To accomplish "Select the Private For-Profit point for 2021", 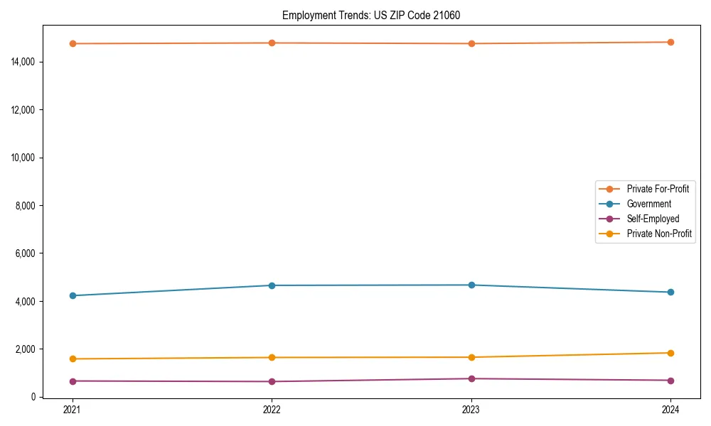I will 72,44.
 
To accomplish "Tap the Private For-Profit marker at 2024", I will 670,42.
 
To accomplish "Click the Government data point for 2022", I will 272,285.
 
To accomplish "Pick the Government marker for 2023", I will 471,285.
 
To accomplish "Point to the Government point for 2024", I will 670,293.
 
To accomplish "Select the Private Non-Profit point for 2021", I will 72,359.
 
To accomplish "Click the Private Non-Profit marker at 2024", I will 670,353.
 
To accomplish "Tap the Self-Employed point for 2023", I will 471,378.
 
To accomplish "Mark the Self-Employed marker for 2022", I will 272,381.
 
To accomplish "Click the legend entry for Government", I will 648,204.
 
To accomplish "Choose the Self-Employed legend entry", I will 653,219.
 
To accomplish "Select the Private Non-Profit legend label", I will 659,234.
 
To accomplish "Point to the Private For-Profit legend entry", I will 658,189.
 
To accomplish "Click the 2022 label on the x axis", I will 272,409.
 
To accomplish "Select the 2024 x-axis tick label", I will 670,409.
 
